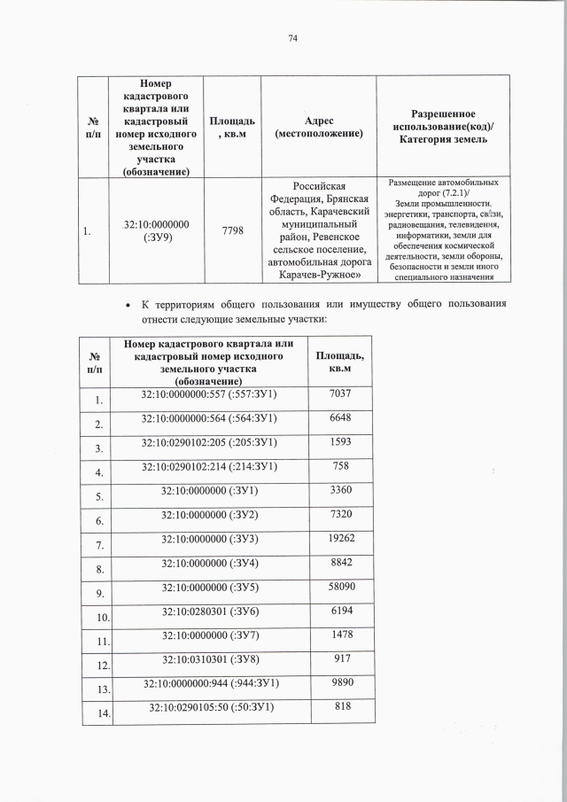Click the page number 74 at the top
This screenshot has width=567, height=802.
(x=292, y=38)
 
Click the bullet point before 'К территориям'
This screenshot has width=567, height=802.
(x=131, y=306)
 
